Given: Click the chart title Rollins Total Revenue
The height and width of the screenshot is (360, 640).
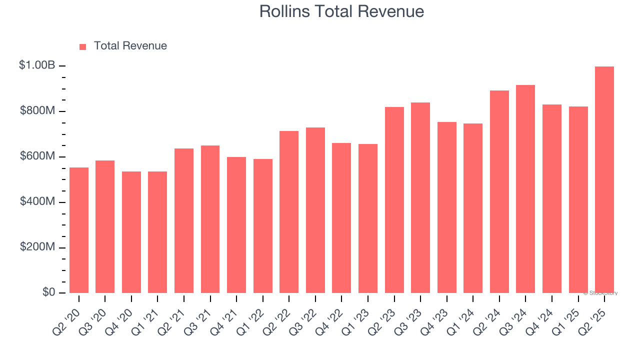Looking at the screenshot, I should click(x=341, y=11).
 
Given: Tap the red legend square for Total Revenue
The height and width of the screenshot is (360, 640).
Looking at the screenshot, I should click(x=83, y=46).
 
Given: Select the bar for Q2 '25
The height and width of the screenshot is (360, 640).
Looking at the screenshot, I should click(x=604, y=180).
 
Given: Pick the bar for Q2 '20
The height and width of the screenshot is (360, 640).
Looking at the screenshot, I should click(x=79, y=230).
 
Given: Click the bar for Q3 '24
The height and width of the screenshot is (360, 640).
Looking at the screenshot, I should click(x=525, y=189).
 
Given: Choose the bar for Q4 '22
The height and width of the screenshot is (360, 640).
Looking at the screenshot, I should click(x=341, y=218).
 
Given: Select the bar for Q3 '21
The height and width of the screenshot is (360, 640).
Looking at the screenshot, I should click(x=210, y=219).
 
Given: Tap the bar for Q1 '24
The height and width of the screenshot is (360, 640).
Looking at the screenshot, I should click(x=473, y=208).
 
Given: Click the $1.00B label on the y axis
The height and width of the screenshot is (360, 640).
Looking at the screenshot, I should click(x=37, y=65).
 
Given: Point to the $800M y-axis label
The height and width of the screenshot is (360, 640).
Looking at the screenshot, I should click(x=37, y=110).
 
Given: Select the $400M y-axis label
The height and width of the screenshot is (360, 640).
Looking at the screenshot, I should click(x=37, y=201).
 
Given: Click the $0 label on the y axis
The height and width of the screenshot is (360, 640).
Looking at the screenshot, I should click(x=48, y=292).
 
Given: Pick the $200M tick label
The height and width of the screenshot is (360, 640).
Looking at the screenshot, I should click(x=37, y=247).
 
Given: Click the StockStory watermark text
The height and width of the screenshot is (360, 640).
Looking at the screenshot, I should click(x=600, y=293).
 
